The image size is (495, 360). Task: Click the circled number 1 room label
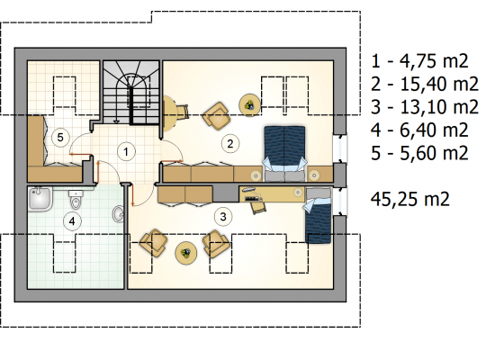[126, 152]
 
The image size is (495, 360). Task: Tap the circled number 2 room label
[230, 144]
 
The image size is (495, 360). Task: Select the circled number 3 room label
[223, 217]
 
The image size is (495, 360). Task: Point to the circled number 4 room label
[72, 221]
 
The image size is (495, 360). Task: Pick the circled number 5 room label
[60, 138]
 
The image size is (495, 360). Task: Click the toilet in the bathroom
[75, 199]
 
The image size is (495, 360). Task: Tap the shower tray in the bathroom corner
[40, 199]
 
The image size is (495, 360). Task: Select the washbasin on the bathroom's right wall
[119, 214]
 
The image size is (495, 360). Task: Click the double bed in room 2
[284, 154]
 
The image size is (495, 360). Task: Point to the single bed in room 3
[318, 215]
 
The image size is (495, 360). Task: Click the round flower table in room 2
[249, 104]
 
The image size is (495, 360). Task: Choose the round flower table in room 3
[186, 253]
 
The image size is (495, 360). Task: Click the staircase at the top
[131, 92]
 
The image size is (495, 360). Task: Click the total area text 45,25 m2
[409, 199]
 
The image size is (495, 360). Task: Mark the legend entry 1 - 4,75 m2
[419, 61]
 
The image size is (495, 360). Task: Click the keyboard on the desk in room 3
[254, 199]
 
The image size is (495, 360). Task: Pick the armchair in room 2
[217, 116]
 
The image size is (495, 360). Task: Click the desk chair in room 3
[258, 207]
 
